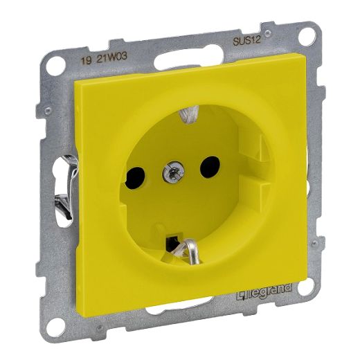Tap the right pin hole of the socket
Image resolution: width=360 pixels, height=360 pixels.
click(x=210, y=167)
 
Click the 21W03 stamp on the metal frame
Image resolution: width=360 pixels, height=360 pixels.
click(x=112, y=56)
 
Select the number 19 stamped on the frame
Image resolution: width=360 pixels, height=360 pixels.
click(x=85, y=60)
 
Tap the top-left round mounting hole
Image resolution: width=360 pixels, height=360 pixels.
click(x=55, y=66)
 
